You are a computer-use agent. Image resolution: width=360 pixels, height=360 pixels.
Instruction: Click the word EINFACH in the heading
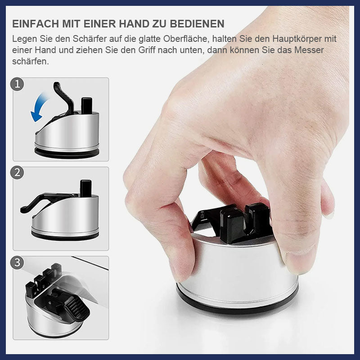coord(36,24)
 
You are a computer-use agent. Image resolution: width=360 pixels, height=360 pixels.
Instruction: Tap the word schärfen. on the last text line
coord(31,61)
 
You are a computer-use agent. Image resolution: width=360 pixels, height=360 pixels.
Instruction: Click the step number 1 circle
coord(17,84)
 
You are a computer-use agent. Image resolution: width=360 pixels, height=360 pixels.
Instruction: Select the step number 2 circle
coord(17,173)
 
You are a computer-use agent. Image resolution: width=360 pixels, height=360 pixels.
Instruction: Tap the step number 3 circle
coord(17,262)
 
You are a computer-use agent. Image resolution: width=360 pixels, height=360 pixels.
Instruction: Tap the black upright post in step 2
coord(86,188)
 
